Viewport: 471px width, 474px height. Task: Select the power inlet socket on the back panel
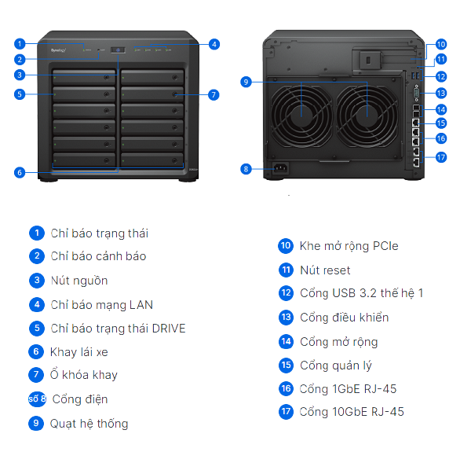278,167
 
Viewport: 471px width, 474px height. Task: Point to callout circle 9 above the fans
246,81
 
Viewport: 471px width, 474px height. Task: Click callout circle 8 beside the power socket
246,168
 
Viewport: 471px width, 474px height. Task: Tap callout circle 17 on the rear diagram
441,157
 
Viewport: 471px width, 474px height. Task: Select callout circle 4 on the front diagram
214,44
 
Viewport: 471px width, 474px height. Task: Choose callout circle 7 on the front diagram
214,94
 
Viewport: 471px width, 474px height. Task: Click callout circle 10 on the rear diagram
441,45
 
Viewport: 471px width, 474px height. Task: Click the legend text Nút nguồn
79,281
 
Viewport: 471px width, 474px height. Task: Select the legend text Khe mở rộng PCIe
349,246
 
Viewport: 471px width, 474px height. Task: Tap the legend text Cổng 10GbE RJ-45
352,411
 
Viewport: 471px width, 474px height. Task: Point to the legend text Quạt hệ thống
89,424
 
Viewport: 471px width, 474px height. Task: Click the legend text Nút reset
325,270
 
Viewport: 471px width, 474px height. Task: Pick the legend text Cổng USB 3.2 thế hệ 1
361,293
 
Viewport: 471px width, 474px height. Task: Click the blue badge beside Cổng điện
37,399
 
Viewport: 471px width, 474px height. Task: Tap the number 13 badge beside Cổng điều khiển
286,318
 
